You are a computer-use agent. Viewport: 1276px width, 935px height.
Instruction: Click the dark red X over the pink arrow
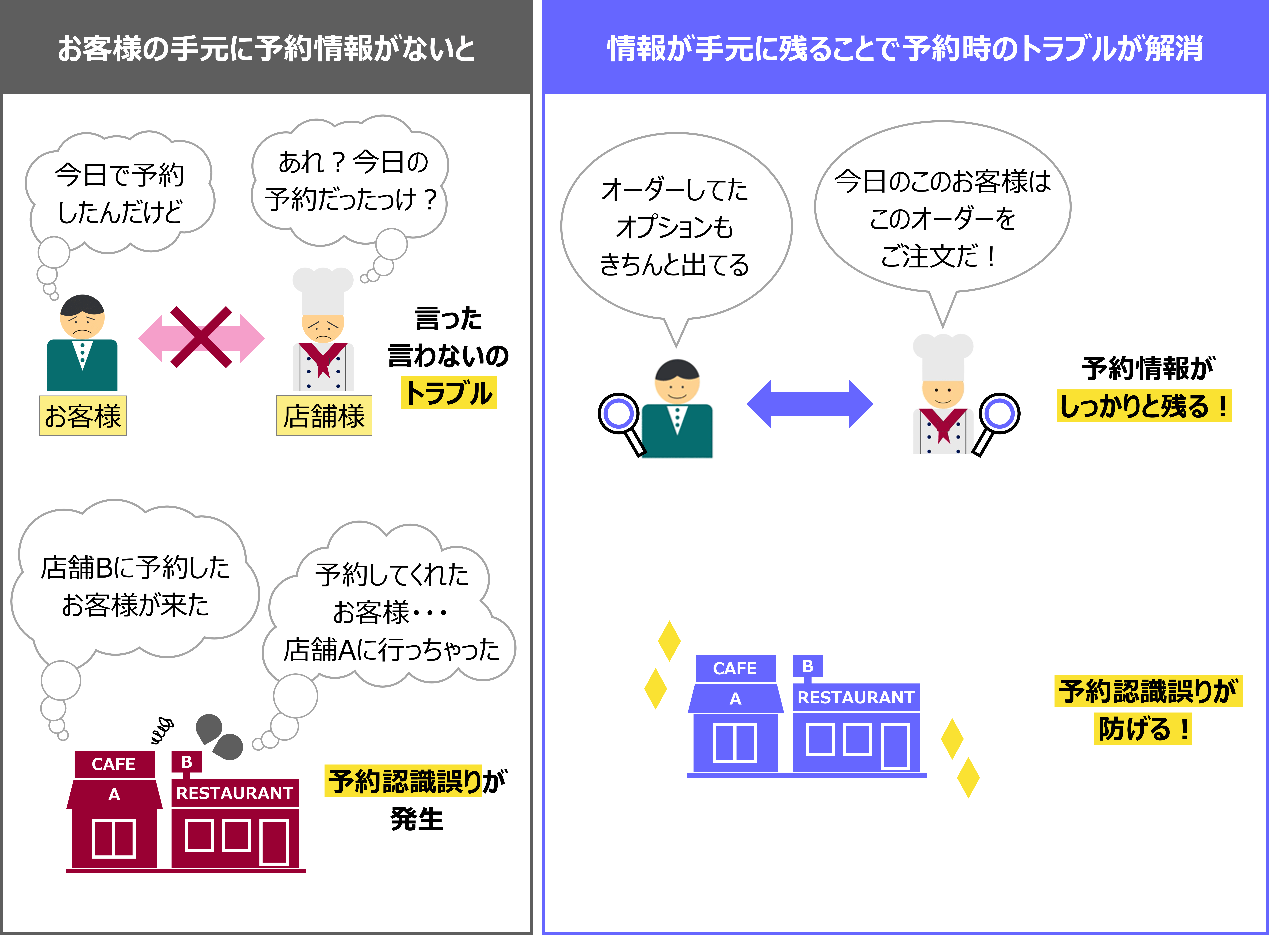201,337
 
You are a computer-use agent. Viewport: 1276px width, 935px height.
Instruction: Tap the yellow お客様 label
83,416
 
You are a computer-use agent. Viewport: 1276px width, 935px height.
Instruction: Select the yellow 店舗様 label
324,416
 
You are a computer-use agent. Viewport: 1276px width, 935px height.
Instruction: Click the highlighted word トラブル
449,393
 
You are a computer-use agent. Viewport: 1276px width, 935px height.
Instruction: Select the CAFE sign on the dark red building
114,764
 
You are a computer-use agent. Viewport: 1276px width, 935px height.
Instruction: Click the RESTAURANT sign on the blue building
856,697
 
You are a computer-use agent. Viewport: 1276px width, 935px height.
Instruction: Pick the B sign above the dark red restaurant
186,762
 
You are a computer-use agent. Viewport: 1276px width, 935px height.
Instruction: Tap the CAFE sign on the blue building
735,668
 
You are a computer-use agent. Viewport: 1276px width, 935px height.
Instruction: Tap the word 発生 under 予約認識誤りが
417,819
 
